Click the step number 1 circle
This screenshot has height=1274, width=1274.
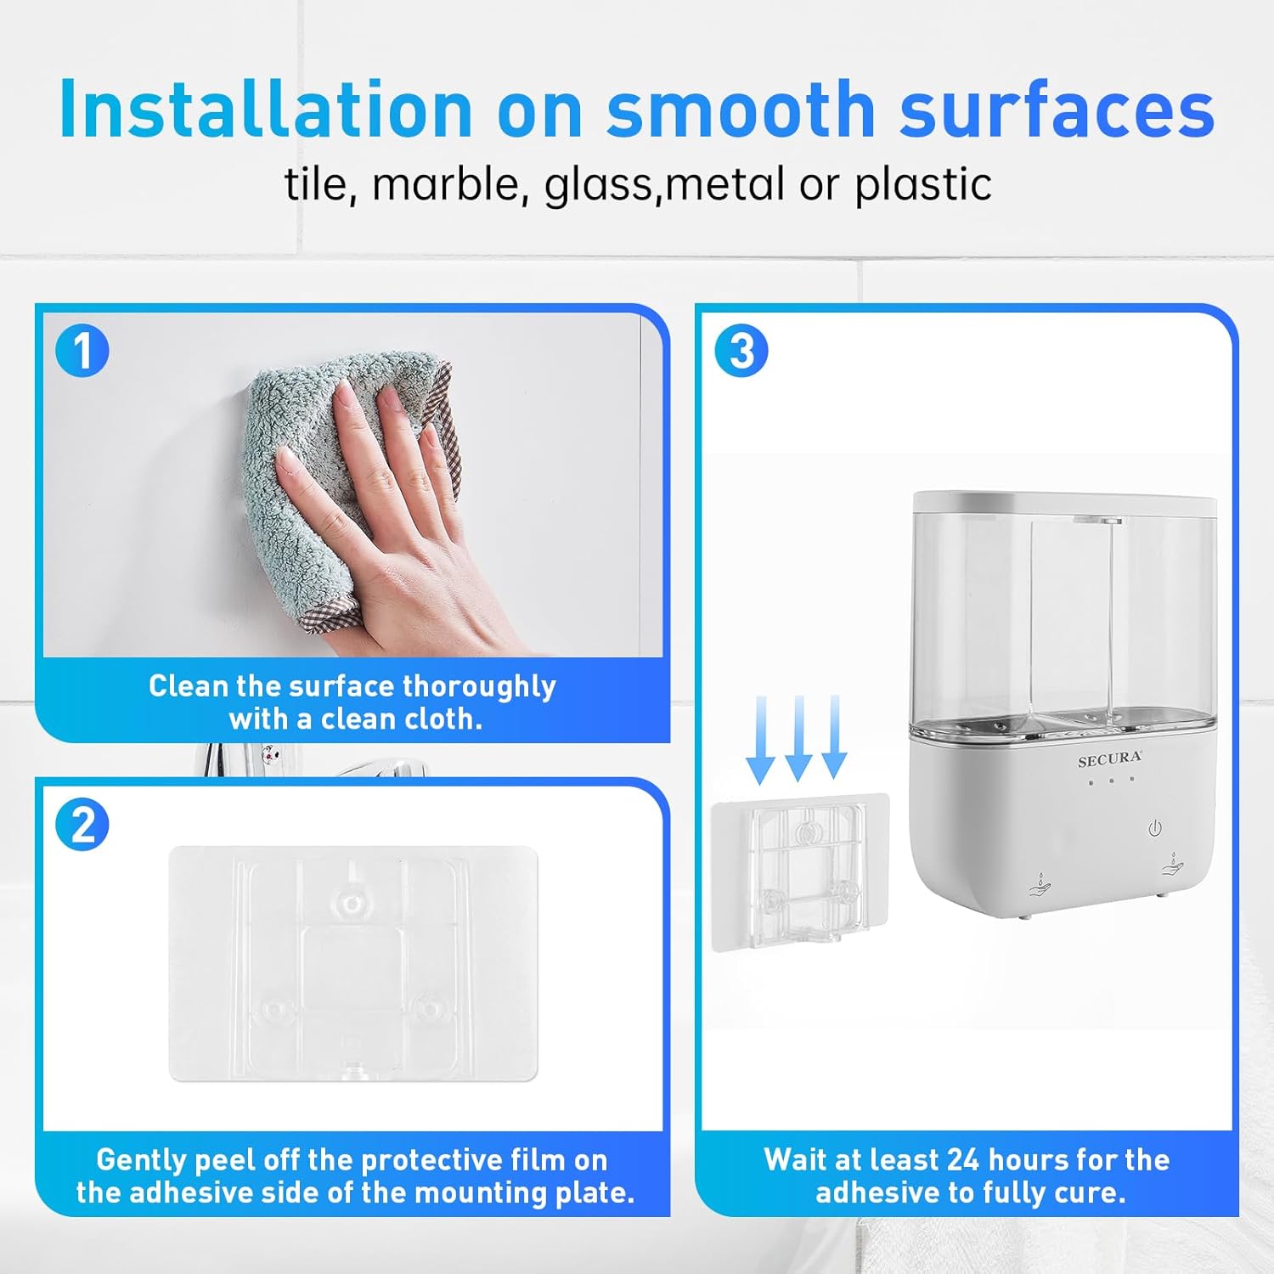click(82, 350)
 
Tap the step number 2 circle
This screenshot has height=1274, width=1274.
click(82, 824)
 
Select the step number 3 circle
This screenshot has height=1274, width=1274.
click(741, 350)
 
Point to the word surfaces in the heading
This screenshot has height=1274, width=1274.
click(1057, 110)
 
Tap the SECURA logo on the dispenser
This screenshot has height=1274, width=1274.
click(1109, 759)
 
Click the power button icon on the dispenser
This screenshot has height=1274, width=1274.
click(1155, 828)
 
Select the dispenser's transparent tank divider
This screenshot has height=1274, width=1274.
click(1031, 620)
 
